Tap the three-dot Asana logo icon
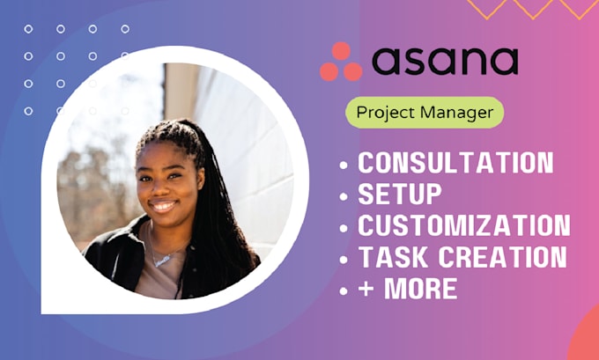click(340, 62)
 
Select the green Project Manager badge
click(425, 114)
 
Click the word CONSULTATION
click(455, 163)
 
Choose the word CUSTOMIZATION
click(463, 225)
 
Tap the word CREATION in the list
click(499, 257)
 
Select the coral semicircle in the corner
click(585, 340)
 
